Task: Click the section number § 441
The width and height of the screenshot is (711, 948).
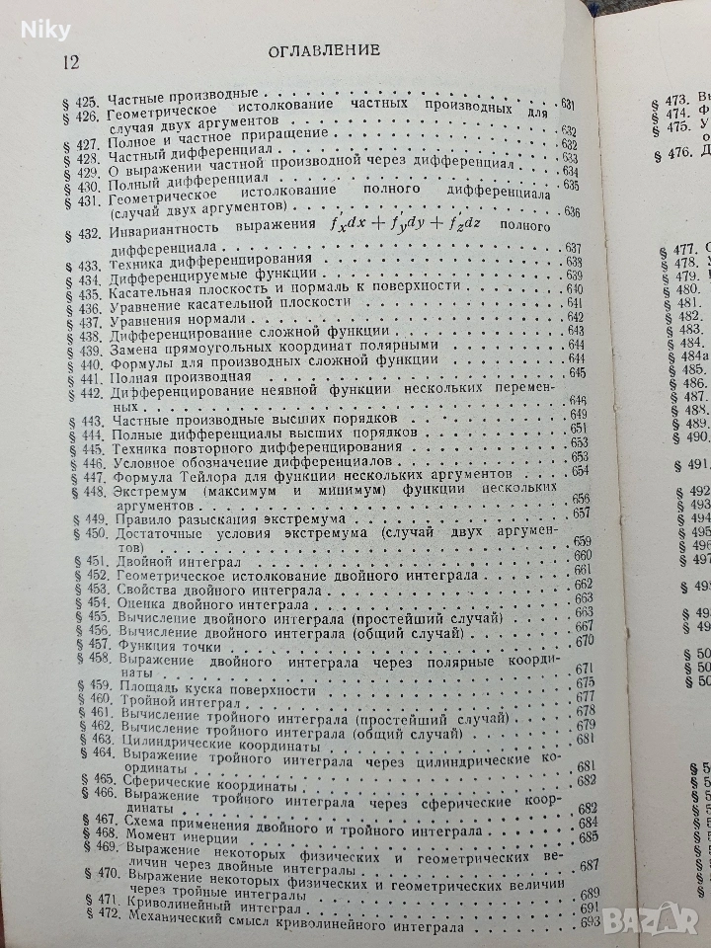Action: [86, 379]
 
